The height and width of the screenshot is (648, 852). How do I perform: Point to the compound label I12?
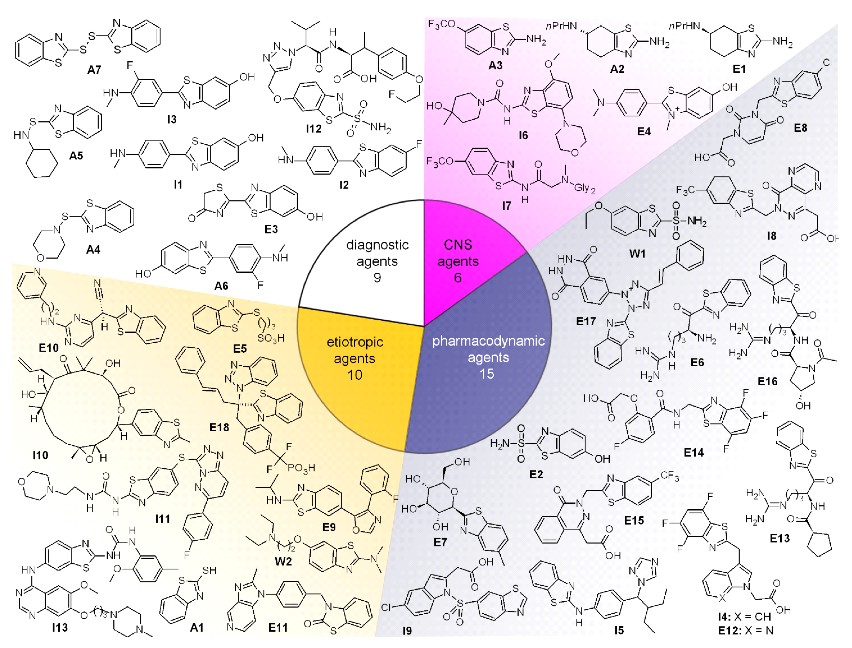[x=313, y=129]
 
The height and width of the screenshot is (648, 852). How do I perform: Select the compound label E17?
[x=586, y=321]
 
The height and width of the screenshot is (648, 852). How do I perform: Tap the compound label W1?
[x=637, y=254]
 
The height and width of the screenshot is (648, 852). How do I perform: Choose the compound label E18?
[x=219, y=427]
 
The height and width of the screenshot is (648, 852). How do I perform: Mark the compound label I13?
[x=60, y=628]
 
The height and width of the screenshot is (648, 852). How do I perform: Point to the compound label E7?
[x=440, y=542]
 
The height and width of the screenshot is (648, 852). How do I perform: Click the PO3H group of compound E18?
[x=301, y=468]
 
